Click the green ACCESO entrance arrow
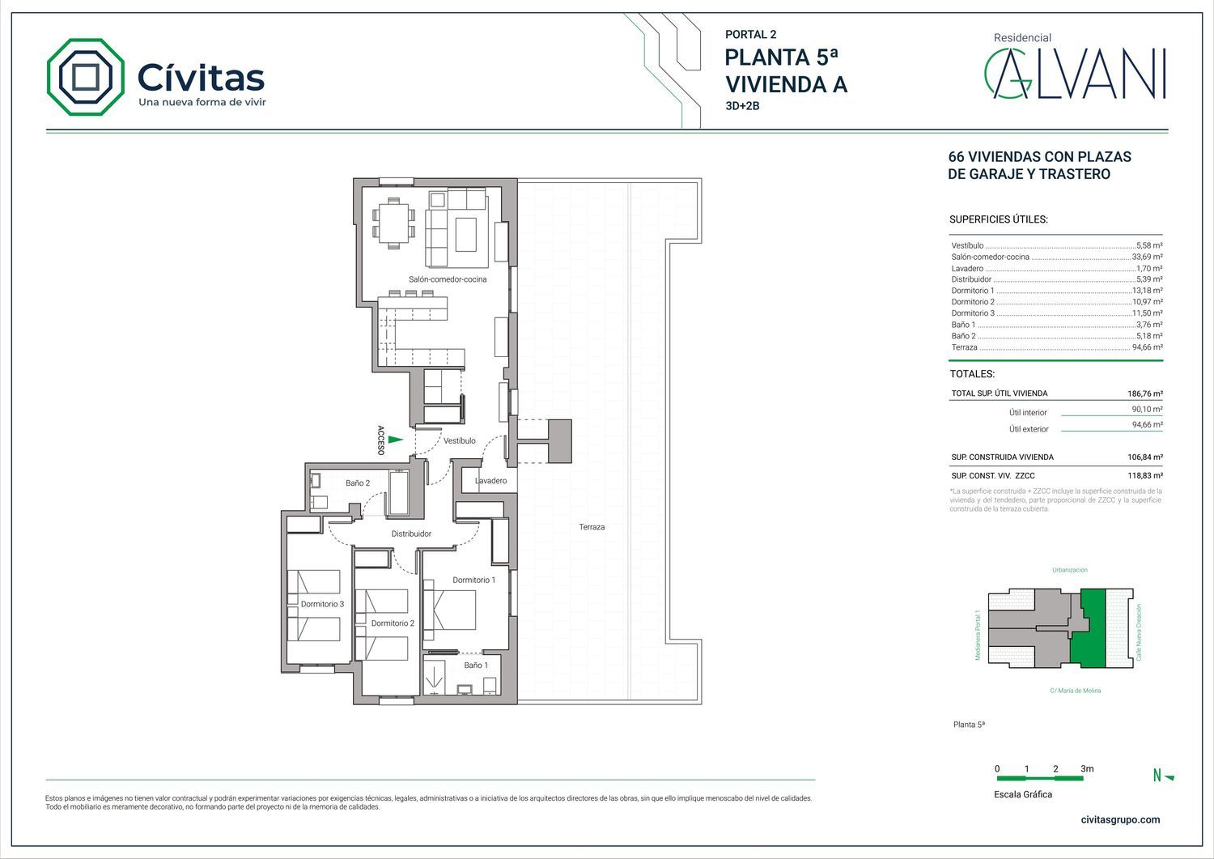tap(396, 440)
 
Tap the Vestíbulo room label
tap(459, 441)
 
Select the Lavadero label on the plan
tap(491, 480)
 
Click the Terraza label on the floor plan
tap(592, 526)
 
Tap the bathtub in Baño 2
tap(400, 493)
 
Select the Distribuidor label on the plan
tap(411, 534)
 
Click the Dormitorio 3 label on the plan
tap(322, 604)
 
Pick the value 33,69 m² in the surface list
tap(1147, 257)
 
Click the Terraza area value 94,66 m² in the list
tap(1147, 347)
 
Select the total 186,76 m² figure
tap(1145, 393)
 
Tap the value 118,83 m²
tap(1145, 475)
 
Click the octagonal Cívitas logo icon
tap(86, 77)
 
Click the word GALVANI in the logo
tap(1075, 74)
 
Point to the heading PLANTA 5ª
tap(781, 57)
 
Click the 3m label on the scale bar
tap(1087, 768)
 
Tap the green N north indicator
tap(1162, 776)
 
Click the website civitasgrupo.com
tap(1120, 820)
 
